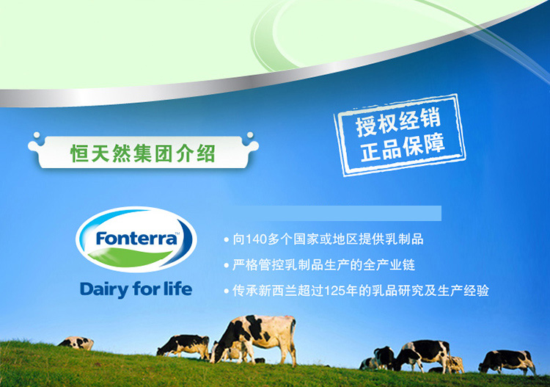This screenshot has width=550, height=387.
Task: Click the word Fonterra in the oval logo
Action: click(x=136, y=239)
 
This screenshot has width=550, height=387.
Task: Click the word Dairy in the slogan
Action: click(x=104, y=290)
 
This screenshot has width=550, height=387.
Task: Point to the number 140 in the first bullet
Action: click(x=256, y=239)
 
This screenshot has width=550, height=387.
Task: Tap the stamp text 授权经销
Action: click(x=397, y=122)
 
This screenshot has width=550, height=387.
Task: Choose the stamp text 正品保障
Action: click(x=403, y=148)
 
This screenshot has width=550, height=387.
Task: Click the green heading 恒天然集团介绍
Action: click(x=143, y=153)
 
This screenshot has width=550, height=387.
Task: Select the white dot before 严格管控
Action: click(x=227, y=266)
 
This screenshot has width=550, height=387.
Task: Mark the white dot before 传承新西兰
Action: click(x=227, y=291)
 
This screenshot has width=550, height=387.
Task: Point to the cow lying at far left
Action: click(x=76, y=343)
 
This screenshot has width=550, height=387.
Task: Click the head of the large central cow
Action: click(x=218, y=352)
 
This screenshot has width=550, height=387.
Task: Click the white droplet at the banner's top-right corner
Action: click(x=250, y=135)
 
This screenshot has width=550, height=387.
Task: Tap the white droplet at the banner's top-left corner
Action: click(x=37, y=135)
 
